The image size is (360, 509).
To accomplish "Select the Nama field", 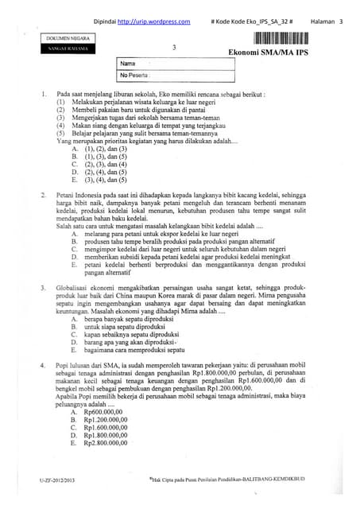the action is pyautogui.click(x=175, y=63).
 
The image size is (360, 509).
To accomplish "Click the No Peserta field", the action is pyautogui.click(x=175, y=76).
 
